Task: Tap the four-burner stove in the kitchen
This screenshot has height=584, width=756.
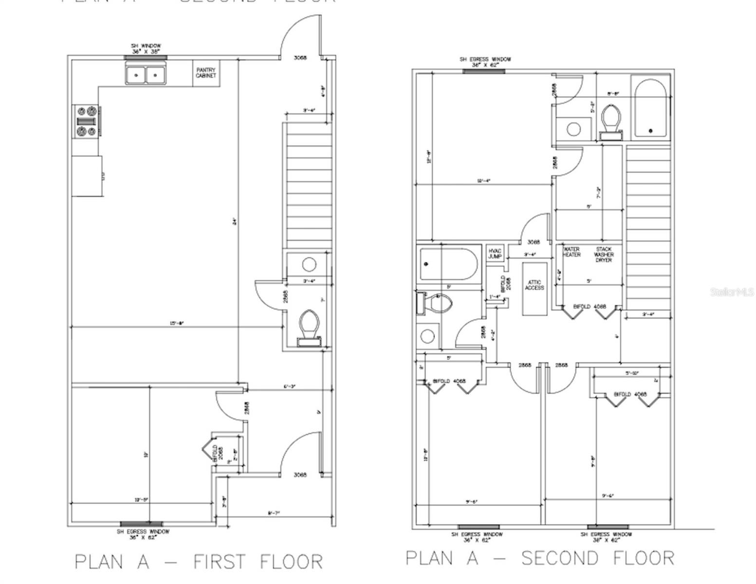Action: (86, 121)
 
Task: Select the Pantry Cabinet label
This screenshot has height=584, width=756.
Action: (206, 73)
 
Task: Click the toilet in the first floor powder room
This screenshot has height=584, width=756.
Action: (309, 327)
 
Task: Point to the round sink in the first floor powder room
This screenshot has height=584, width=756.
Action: (309, 265)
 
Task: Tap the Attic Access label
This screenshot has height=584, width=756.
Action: (535, 285)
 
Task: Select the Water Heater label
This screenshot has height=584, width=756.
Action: (572, 252)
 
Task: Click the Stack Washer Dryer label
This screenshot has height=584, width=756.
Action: (604, 255)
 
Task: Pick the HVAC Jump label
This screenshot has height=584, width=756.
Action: (495, 254)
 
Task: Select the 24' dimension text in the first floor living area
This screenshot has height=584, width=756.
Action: (235, 222)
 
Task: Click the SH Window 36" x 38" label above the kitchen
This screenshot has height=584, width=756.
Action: (146, 48)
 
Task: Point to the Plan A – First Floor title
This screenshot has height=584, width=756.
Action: (199, 562)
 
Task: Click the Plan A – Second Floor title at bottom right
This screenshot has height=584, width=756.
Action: (540, 558)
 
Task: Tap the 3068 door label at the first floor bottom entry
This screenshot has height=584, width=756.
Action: (300, 474)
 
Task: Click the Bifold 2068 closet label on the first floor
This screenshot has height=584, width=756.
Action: (218, 453)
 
